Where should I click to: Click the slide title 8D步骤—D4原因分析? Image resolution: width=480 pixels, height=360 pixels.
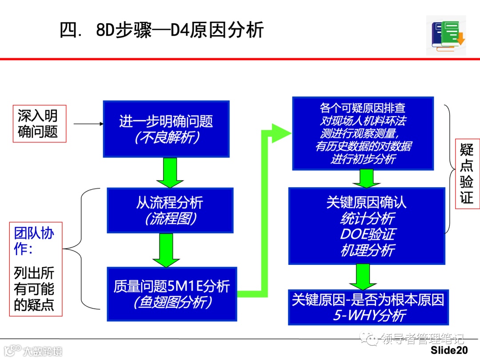(162, 30)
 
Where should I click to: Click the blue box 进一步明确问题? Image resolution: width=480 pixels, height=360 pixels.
(166, 129)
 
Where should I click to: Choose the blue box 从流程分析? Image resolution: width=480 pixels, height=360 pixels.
(170, 210)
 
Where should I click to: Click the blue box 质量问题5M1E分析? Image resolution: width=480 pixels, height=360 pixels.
(172, 294)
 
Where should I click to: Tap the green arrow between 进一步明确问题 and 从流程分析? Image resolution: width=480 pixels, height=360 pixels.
(170, 172)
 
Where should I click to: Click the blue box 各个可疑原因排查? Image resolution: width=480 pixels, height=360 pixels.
(363, 134)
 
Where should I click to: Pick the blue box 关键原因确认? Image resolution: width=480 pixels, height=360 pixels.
(367, 226)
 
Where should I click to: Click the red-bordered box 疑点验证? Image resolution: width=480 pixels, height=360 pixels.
(466, 174)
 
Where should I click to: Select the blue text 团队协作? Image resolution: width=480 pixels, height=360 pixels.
(34, 241)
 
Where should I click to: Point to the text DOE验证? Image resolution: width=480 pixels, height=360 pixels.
(367, 234)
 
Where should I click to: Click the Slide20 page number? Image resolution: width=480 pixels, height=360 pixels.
(449, 350)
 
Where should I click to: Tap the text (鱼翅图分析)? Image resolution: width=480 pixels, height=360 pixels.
(172, 302)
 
